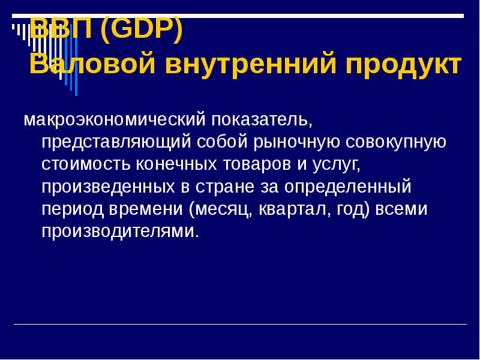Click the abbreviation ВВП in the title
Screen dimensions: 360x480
click(x=61, y=29)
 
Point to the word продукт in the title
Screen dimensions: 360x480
click(x=409, y=64)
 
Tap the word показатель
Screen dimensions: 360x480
click(x=260, y=121)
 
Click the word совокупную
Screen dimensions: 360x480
click(x=395, y=143)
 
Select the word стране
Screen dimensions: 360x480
click(x=224, y=187)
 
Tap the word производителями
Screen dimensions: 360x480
click(x=120, y=232)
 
